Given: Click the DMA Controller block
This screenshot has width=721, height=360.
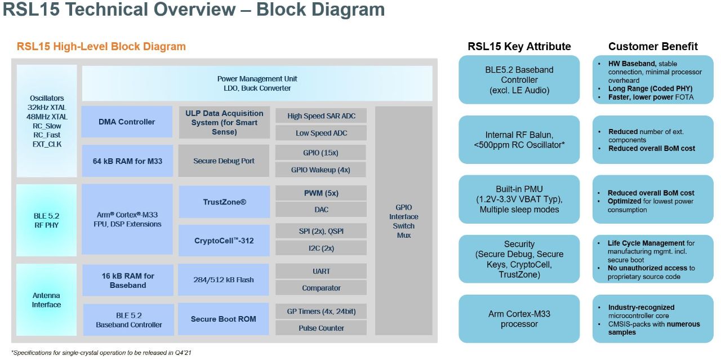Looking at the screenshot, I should [x=127, y=122].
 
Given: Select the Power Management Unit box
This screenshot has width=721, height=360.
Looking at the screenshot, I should [x=257, y=83].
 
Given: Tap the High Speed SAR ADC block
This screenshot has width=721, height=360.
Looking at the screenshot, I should [x=321, y=116].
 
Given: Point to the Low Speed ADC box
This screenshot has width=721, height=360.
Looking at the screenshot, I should [x=321, y=133].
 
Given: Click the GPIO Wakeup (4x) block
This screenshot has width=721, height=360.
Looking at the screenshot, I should [x=321, y=170].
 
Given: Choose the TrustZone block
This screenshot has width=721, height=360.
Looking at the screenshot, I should [x=224, y=202].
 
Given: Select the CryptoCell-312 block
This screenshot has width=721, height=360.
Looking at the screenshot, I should [x=224, y=241].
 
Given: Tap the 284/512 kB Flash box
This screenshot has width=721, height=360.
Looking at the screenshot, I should [x=224, y=279].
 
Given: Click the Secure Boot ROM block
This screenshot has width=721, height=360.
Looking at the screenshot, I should [x=224, y=319].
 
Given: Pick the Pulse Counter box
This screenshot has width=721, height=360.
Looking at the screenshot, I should [x=321, y=328].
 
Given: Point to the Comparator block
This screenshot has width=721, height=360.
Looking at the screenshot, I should [x=321, y=288].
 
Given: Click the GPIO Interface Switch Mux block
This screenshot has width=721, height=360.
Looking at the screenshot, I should [x=403, y=221].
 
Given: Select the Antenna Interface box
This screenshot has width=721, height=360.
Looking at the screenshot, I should [x=46, y=300].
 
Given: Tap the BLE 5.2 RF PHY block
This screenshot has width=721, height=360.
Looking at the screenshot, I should [x=46, y=220].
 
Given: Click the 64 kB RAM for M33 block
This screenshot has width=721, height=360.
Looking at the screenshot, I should [x=127, y=161].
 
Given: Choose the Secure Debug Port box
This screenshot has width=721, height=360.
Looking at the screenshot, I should [x=224, y=161].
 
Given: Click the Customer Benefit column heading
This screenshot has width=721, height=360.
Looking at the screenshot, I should [x=653, y=47].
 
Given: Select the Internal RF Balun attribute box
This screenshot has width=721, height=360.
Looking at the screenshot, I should [x=519, y=140].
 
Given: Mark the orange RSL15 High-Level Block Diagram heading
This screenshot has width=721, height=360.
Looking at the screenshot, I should [x=101, y=47].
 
